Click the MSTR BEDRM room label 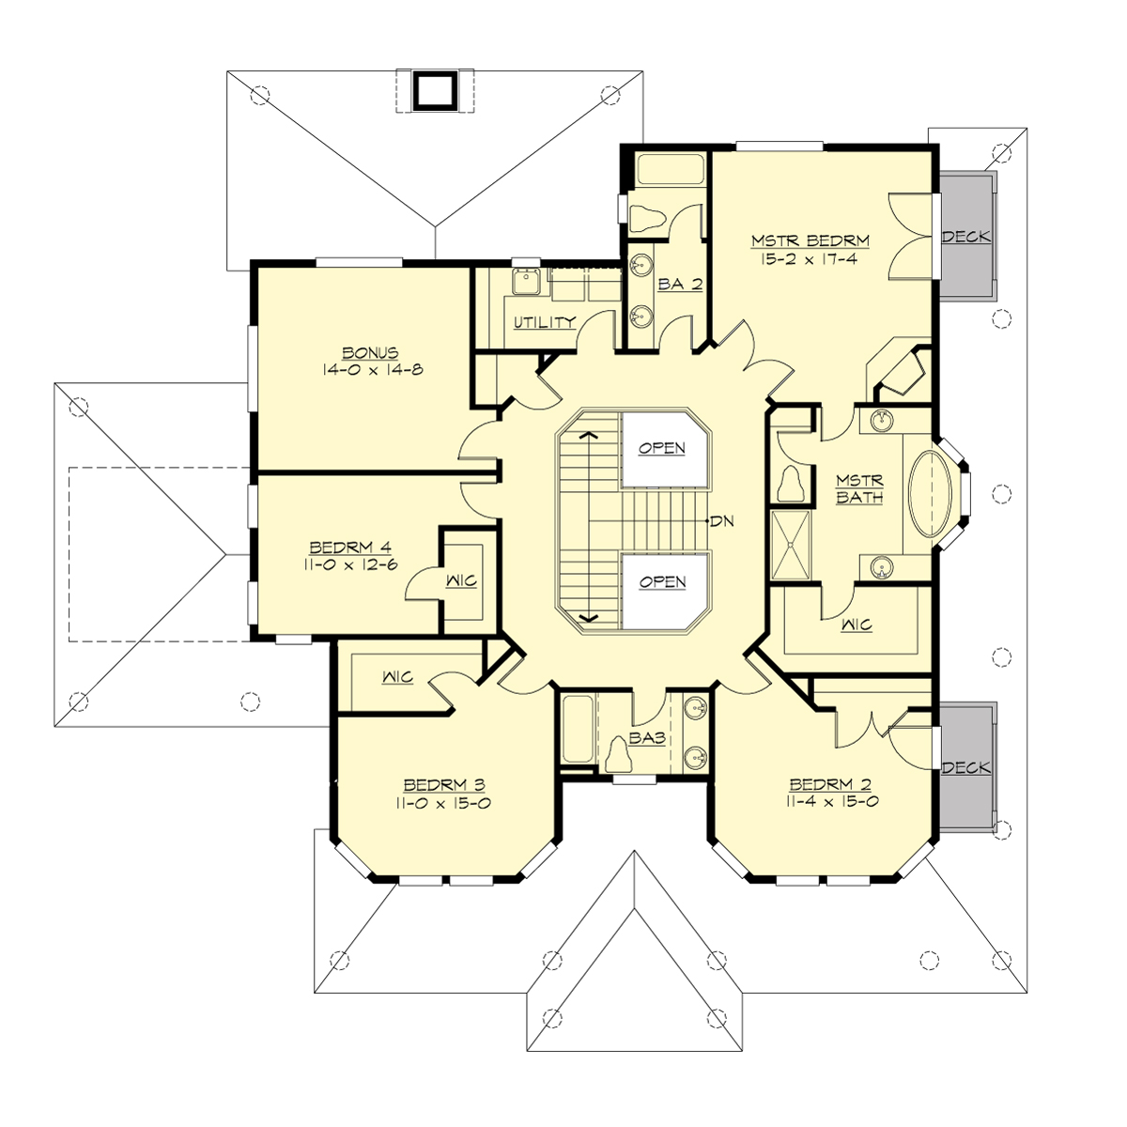(x=810, y=241)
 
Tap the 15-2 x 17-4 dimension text (x=810, y=259)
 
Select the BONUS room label (x=369, y=353)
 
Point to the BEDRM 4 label (x=350, y=548)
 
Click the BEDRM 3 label (x=444, y=785)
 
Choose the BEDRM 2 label (x=829, y=785)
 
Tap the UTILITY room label (x=545, y=322)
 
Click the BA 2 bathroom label (x=680, y=285)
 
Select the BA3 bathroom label (x=647, y=739)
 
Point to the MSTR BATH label (x=859, y=488)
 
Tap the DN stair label (x=722, y=521)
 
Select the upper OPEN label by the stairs (x=662, y=448)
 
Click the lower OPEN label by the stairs (x=662, y=582)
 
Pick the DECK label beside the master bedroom (x=966, y=237)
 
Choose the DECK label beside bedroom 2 (x=966, y=767)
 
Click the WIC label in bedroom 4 (x=463, y=581)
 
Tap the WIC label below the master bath (x=857, y=625)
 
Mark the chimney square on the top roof (x=433, y=90)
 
